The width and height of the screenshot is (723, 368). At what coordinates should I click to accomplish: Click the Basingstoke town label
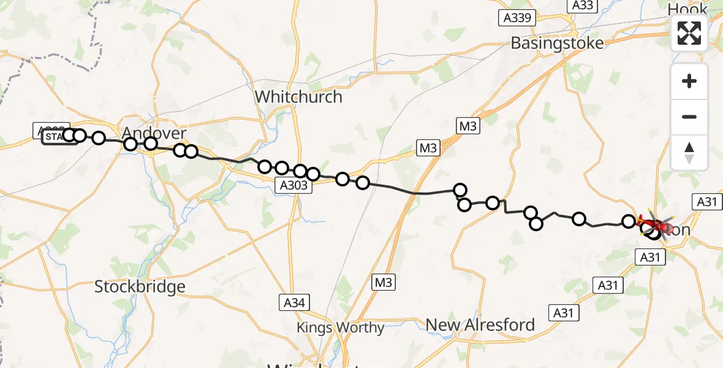557,43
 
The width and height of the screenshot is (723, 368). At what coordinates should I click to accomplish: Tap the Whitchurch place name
298,97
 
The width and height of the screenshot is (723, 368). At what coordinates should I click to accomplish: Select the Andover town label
154,133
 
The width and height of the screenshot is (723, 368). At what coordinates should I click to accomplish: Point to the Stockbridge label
140,286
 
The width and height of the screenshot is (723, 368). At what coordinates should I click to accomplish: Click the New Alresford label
480,324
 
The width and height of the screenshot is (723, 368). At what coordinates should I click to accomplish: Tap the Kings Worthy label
340,328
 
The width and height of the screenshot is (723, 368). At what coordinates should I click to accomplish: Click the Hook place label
687,9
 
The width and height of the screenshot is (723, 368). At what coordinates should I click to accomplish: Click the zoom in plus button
689,82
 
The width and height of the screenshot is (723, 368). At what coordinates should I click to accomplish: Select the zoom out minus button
689,117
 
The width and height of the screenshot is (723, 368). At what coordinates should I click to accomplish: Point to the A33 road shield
582,6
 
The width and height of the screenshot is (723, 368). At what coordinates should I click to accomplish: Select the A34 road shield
295,302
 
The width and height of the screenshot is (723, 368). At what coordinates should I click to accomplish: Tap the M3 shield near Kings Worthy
384,282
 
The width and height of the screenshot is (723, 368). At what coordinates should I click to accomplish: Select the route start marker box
53,136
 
